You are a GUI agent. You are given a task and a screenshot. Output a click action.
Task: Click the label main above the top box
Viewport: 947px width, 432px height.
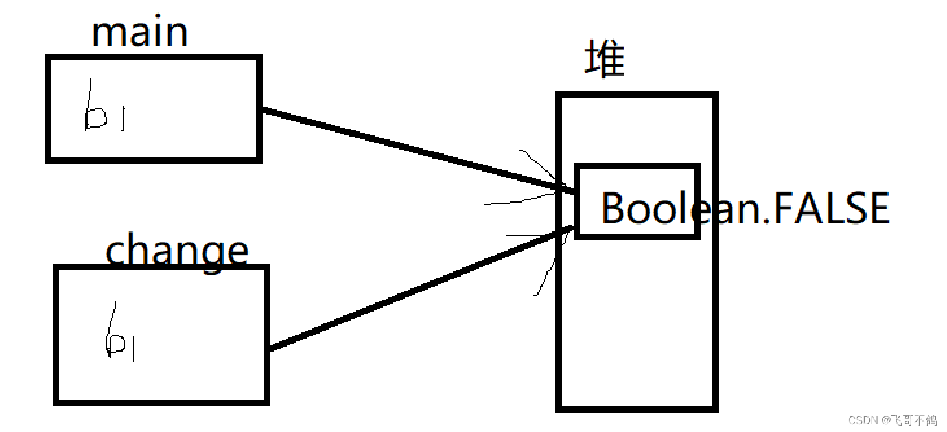point(140,32)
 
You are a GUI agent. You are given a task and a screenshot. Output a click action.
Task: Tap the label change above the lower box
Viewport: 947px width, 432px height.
point(176,251)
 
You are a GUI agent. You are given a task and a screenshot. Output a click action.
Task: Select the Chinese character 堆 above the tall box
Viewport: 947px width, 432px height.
point(605,60)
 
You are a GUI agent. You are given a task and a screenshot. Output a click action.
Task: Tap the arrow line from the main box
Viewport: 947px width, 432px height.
point(415,150)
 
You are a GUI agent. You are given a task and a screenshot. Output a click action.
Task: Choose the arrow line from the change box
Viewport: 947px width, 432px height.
point(415,290)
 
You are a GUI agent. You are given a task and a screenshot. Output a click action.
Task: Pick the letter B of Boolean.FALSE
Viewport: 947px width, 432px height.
point(613,209)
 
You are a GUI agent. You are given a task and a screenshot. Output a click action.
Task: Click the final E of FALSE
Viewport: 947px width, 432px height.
point(877,209)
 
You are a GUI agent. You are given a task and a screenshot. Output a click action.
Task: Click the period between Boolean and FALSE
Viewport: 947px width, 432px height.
point(764,220)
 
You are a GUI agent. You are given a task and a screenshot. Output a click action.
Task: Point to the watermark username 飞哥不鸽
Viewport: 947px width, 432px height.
point(913,420)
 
